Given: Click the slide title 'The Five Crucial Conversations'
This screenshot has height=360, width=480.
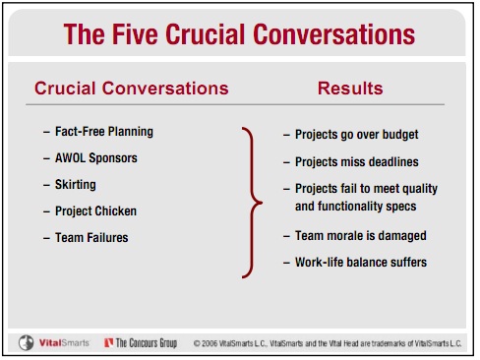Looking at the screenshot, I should pos(239,35).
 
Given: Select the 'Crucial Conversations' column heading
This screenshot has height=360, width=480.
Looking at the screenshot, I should pos(131,89).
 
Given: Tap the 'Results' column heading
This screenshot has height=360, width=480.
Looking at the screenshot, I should pos(350,89).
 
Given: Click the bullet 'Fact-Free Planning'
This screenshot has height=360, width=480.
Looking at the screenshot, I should pos(104,131).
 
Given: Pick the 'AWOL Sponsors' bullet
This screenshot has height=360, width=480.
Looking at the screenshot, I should pos(96,157).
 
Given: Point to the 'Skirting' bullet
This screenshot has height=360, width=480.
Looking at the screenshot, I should pos(77,184).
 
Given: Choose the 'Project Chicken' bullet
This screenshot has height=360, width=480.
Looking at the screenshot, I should pos(96,210).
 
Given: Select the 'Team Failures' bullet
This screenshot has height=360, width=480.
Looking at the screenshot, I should pos(92,237).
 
